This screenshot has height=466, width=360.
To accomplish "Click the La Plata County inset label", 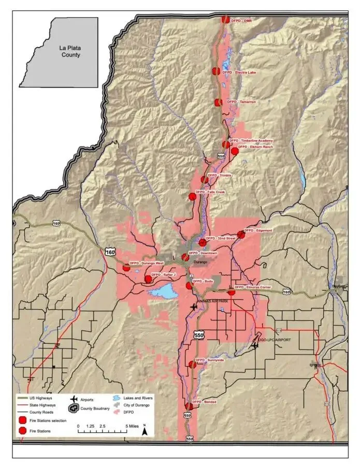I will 70,50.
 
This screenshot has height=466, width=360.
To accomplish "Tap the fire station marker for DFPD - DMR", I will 225,19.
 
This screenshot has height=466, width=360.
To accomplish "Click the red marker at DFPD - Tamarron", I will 219,103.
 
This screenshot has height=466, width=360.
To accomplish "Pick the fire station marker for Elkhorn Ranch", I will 235,151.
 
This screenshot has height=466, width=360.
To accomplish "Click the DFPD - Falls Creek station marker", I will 192,196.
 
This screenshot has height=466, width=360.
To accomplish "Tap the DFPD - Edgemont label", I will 258,230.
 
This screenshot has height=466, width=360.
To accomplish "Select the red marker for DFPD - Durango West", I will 126,268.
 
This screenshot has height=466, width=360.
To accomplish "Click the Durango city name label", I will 200,262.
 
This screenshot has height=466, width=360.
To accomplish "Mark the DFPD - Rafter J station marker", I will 149,279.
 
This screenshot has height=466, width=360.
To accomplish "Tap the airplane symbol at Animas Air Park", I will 194,307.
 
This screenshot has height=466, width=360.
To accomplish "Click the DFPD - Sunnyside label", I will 209,360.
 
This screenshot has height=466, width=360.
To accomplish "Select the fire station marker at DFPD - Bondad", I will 188,406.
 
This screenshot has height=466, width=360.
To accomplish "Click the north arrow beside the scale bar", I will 146,428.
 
